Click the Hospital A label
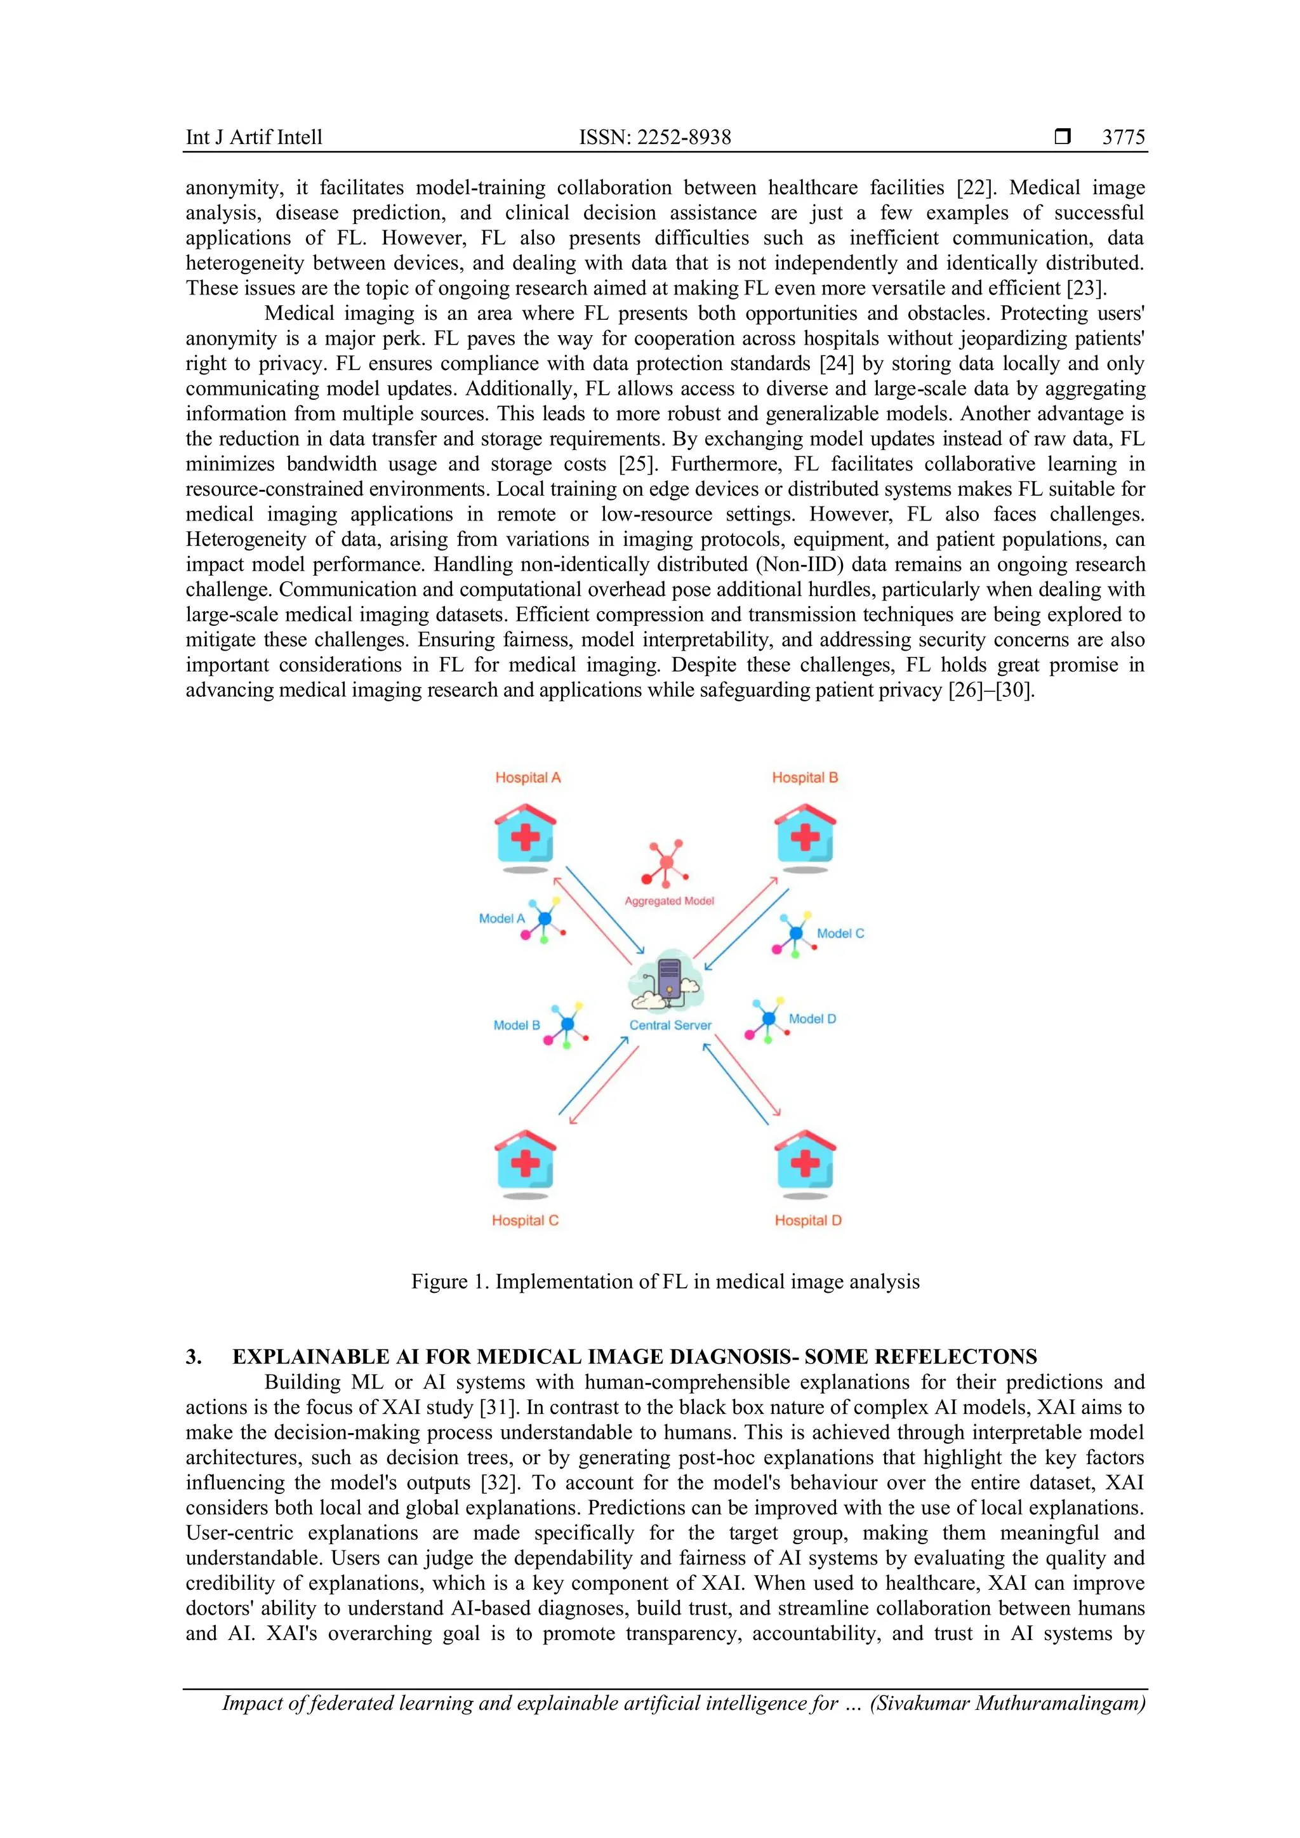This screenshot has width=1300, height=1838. coord(527,777)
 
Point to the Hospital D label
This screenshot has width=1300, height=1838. coord(807,1221)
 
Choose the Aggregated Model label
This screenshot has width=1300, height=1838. coord(669,901)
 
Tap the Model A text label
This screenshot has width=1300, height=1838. coord(502,919)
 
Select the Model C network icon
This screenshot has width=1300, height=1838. coord(795,934)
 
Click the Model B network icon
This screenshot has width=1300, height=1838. coord(567,1024)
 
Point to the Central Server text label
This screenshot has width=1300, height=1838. coord(670,1026)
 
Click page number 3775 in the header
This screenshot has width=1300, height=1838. coord(1123,138)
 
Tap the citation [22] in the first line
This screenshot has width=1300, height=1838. coord(974,188)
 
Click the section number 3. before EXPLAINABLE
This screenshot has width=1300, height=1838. coord(194,1357)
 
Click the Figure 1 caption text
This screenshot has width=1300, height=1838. coord(665,1281)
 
